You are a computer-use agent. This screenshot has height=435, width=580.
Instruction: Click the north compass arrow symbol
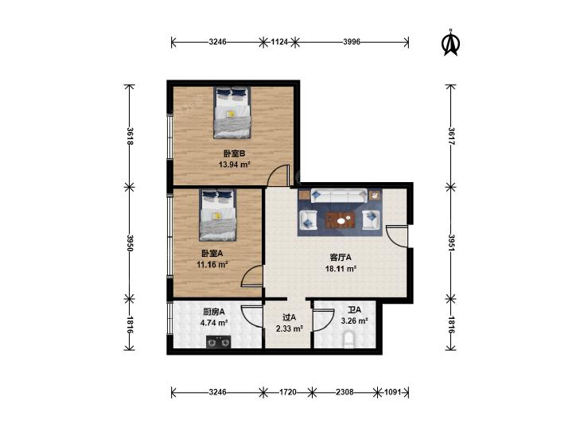(x=451, y=45)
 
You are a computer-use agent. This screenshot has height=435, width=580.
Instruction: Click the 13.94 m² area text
(x=234, y=165)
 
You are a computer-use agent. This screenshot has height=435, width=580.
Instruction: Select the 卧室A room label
(x=212, y=254)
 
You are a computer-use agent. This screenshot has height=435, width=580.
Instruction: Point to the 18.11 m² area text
(x=341, y=269)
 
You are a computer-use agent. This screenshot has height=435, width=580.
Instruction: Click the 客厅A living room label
(x=341, y=257)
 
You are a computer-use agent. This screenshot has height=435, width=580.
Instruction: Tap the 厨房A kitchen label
(x=214, y=312)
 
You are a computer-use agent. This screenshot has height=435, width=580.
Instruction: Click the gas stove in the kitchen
(x=218, y=342)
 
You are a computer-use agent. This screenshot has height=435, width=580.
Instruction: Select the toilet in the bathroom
(x=348, y=340)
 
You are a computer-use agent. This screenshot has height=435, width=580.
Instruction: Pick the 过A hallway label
(x=290, y=317)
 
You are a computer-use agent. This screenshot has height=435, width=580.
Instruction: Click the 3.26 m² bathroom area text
(x=354, y=320)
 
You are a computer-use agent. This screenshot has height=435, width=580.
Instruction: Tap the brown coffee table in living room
(x=341, y=220)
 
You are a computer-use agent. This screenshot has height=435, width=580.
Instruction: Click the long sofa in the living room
(x=339, y=196)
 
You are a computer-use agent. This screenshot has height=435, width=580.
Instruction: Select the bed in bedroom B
(x=232, y=113)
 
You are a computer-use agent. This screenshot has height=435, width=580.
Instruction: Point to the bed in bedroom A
(x=218, y=215)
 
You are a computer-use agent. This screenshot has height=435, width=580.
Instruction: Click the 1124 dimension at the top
(x=279, y=42)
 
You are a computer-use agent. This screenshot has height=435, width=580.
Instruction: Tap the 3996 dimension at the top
(x=352, y=42)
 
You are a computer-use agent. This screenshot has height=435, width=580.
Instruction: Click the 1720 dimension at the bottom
(x=288, y=392)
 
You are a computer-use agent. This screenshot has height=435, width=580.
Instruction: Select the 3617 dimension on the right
(x=451, y=136)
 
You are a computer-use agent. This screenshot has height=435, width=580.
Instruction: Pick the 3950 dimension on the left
(x=130, y=243)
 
